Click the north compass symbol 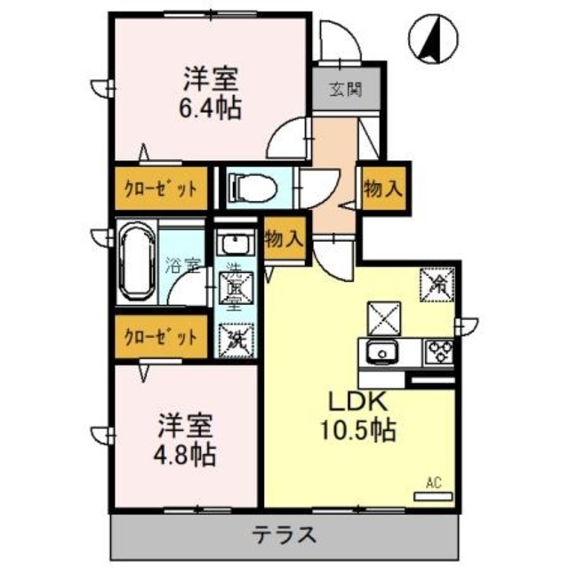(433, 40)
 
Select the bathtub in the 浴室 (137, 264)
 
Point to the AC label (434, 483)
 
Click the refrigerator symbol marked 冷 (438, 283)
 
